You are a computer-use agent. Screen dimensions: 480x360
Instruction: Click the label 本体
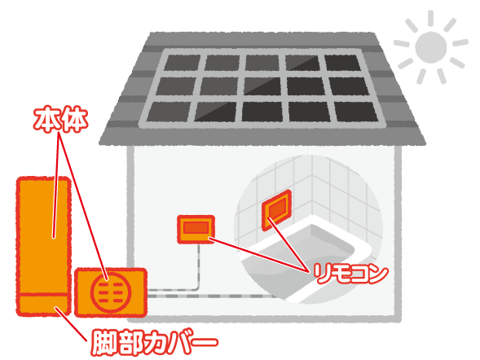coord(60,120)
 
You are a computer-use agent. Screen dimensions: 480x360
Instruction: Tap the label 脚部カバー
coord(155,342)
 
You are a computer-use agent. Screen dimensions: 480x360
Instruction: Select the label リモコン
coord(350,274)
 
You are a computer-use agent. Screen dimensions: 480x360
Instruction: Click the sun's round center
coord(431,47)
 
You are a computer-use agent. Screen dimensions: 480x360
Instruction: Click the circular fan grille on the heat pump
coord(111,292)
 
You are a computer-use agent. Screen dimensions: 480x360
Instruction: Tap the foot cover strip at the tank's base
coord(43,305)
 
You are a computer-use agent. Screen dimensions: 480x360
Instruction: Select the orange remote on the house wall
coord(196,230)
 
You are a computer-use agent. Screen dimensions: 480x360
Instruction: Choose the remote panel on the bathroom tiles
coord(277,209)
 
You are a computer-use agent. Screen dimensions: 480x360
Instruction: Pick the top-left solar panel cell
coord(183,63)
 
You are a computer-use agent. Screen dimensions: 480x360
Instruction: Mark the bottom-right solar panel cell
coord(356,112)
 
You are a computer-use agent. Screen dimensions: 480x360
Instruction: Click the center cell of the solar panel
coord(262,86)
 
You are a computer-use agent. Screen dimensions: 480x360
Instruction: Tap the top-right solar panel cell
coord(343,63)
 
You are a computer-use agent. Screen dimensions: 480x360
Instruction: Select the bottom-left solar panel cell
coord(169,112)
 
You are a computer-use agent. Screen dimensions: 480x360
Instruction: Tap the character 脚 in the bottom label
coord(104,342)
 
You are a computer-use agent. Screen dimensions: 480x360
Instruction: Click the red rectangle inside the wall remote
coord(196,227)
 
